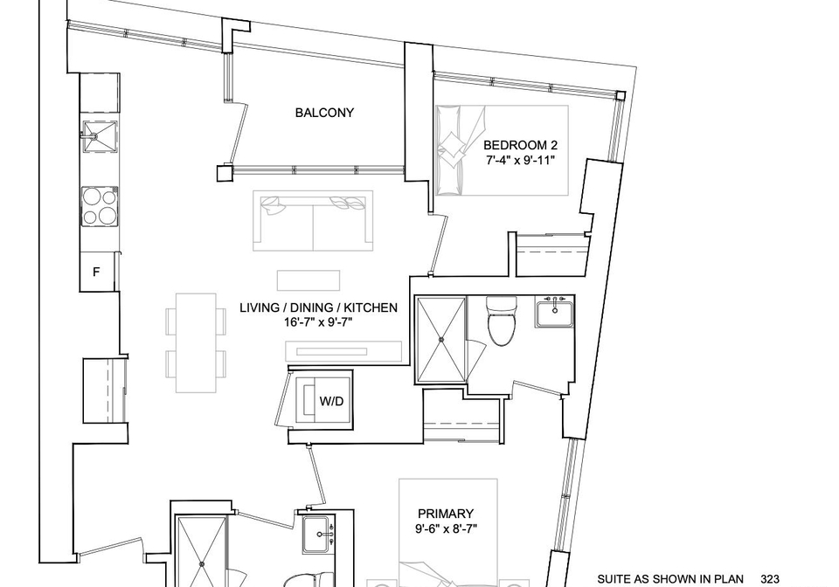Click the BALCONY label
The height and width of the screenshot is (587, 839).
point(324,113)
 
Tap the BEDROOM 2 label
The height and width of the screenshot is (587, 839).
point(520,145)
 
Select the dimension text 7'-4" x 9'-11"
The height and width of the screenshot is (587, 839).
point(520,160)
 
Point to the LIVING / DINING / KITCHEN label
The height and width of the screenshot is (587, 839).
point(318,308)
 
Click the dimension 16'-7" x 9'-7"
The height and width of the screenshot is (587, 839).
point(318,322)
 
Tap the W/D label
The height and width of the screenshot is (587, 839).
point(331,401)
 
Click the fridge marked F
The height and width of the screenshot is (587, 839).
point(97,272)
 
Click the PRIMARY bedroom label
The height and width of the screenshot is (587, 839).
point(446,514)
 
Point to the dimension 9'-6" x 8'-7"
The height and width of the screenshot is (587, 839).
point(446,528)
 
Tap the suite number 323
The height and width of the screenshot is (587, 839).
point(770,579)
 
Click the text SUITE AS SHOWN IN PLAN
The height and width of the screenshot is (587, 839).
point(670,579)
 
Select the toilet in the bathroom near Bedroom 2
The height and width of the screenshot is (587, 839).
point(502,321)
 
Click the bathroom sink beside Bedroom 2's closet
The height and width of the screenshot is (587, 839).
point(554,313)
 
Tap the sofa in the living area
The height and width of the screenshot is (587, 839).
point(313,220)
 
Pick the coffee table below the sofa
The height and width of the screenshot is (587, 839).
point(309,280)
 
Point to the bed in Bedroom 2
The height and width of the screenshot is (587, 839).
point(502,150)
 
